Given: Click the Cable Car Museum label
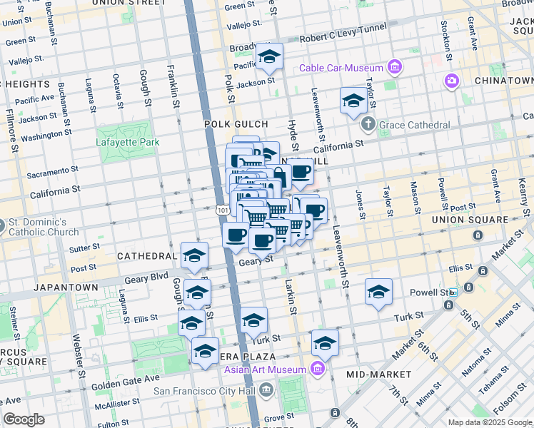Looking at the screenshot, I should coord(342,68).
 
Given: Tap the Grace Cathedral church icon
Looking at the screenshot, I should coord(368,125).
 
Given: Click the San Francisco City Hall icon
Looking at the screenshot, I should coord(266,389).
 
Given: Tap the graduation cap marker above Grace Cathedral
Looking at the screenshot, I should coord(353,101).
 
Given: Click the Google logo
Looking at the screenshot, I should coord(24,419).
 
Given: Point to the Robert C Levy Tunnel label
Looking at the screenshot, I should coord(343,32).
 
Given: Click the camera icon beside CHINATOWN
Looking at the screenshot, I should coord(451,81).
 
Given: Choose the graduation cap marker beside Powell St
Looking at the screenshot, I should coord(378,291).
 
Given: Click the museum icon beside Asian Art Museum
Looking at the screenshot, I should coord(318,369).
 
